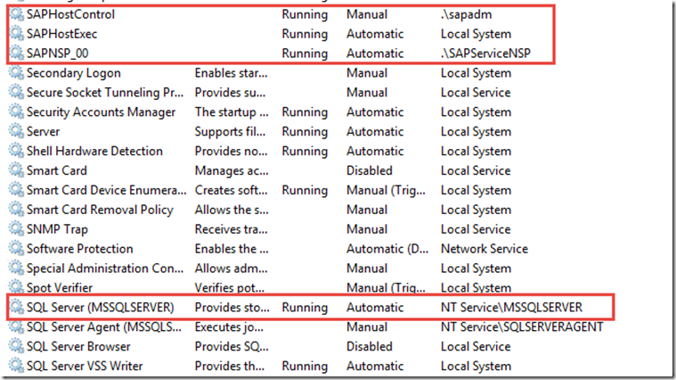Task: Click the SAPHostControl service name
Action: (70, 14)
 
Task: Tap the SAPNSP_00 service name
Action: (57, 54)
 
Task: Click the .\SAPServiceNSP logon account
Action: (485, 54)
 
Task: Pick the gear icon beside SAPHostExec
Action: (16, 34)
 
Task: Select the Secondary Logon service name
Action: (73, 73)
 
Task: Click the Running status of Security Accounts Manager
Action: (305, 112)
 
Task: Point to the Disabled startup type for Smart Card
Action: (369, 170)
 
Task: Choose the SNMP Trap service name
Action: (57, 229)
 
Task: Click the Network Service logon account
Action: (485, 249)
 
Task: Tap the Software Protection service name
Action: (80, 249)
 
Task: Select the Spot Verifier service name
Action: (60, 288)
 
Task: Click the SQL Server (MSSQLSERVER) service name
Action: (100, 308)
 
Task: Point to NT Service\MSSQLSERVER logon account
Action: (511, 308)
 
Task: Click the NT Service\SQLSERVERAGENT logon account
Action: (522, 326)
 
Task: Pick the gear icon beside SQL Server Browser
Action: (16, 346)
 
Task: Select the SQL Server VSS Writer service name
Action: (85, 367)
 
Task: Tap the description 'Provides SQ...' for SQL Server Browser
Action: (231, 346)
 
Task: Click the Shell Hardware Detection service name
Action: (94, 151)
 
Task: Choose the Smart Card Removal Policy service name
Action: (100, 210)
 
